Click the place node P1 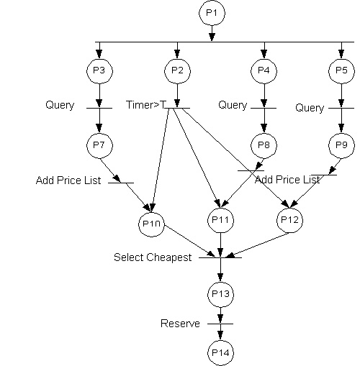pyautogui.click(x=212, y=13)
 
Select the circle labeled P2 pyautogui.click(x=177, y=71)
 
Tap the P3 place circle pyautogui.click(x=99, y=71)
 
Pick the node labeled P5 pyautogui.click(x=341, y=71)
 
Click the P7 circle pyautogui.click(x=99, y=146)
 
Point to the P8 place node pyautogui.click(x=264, y=146)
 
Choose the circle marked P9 pyautogui.click(x=341, y=146)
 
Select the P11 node pyautogui.click(x=220, y=220)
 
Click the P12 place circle pyautogui.click(x=289, y=220)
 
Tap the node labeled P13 pyautogui.click(x=220, y=295)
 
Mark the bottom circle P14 pyautogui.click(x=220, y=353)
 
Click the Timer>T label pyautogui.click(x=146, y=105)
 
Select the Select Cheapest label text pyautogui.click(x=153, y=257)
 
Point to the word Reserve pyautogui.click(x=180, y=324)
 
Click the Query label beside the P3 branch pyautogui.click(x=60, y=105)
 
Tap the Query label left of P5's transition pyautogui.click(x=310, y=108)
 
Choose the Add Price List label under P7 pyautogui.click(x=68, y=180)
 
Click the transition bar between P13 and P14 pyautogui.click(x=220, y=324)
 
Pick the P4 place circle pyautogui.click(x=264, y=71)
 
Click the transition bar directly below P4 pyautogui.click(x=264, y=108)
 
